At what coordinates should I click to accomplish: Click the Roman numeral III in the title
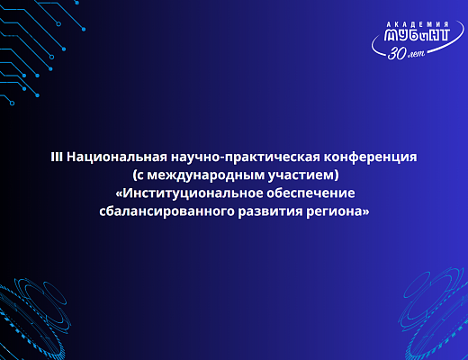point(57,157)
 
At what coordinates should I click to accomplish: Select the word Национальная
point(117,157)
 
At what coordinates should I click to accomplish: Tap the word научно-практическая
point(246,157)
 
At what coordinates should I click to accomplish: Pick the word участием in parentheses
point(301,175)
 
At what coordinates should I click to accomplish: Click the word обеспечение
point(310,193)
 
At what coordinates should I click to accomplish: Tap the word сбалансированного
point(166,211)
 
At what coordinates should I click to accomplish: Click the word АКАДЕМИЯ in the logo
point(417,24)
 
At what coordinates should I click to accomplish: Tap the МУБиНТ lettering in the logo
point(417,34)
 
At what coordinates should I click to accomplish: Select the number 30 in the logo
point(397,53)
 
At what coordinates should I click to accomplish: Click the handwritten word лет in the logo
point(416,54)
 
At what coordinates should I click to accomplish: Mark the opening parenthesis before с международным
point(135,175)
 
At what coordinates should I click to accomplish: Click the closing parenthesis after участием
point(337,175)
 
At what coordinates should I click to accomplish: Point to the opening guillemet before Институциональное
point(119,194)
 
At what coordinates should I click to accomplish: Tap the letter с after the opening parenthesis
point(141,176)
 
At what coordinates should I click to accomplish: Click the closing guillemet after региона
point(366,212)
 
